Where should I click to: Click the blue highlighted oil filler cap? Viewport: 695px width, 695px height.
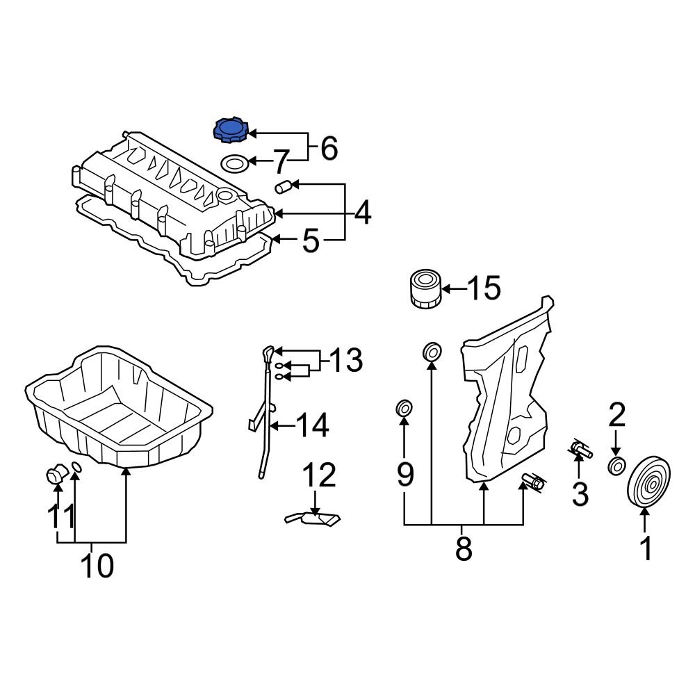coord(230,131)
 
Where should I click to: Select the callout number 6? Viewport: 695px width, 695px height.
coord(329,148)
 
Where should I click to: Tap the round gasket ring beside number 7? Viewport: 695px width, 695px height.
coord(235,164)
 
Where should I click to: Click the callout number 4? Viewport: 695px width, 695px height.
coord(363,213)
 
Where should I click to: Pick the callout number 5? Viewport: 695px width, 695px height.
coord(311,241)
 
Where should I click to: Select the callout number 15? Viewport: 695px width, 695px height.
coord(483,288)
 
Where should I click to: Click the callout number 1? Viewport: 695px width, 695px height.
coord(646,548)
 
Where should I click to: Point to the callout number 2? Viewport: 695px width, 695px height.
coord(616,415)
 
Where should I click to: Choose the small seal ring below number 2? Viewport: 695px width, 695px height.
coord(616,466)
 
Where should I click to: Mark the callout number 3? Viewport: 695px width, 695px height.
coord(579,494)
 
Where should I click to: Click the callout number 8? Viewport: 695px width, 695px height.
coord(464,548)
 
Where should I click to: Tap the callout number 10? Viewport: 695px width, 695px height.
coord(97,566)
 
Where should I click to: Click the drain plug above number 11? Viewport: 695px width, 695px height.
coord(54,476)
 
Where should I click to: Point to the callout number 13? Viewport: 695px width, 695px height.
coord(345,361)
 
